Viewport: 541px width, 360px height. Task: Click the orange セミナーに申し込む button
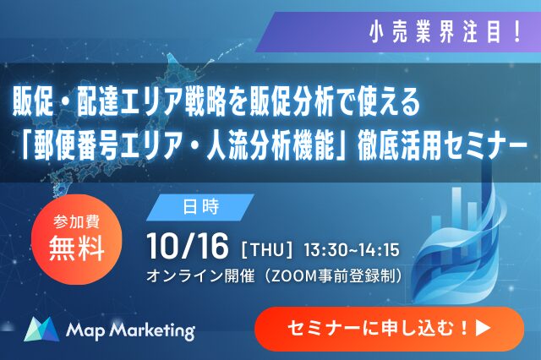click(x=389, y=329)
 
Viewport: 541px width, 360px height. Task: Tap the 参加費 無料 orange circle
click(x=77, y=239)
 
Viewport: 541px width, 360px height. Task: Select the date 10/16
click(x=188, y=246)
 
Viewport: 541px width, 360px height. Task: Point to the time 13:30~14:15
click(x=352, y=250)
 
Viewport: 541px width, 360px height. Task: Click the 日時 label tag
click(x=200, y=207)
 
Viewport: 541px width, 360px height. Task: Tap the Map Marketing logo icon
click(x=41, y=329)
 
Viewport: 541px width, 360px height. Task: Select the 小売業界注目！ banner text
click(x=445, y=33)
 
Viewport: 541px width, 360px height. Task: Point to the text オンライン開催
click(x=200, y=275)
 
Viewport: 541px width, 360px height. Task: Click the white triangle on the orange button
click(x=483, y=328)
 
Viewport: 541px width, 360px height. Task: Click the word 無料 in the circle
click(x=77, y=248)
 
